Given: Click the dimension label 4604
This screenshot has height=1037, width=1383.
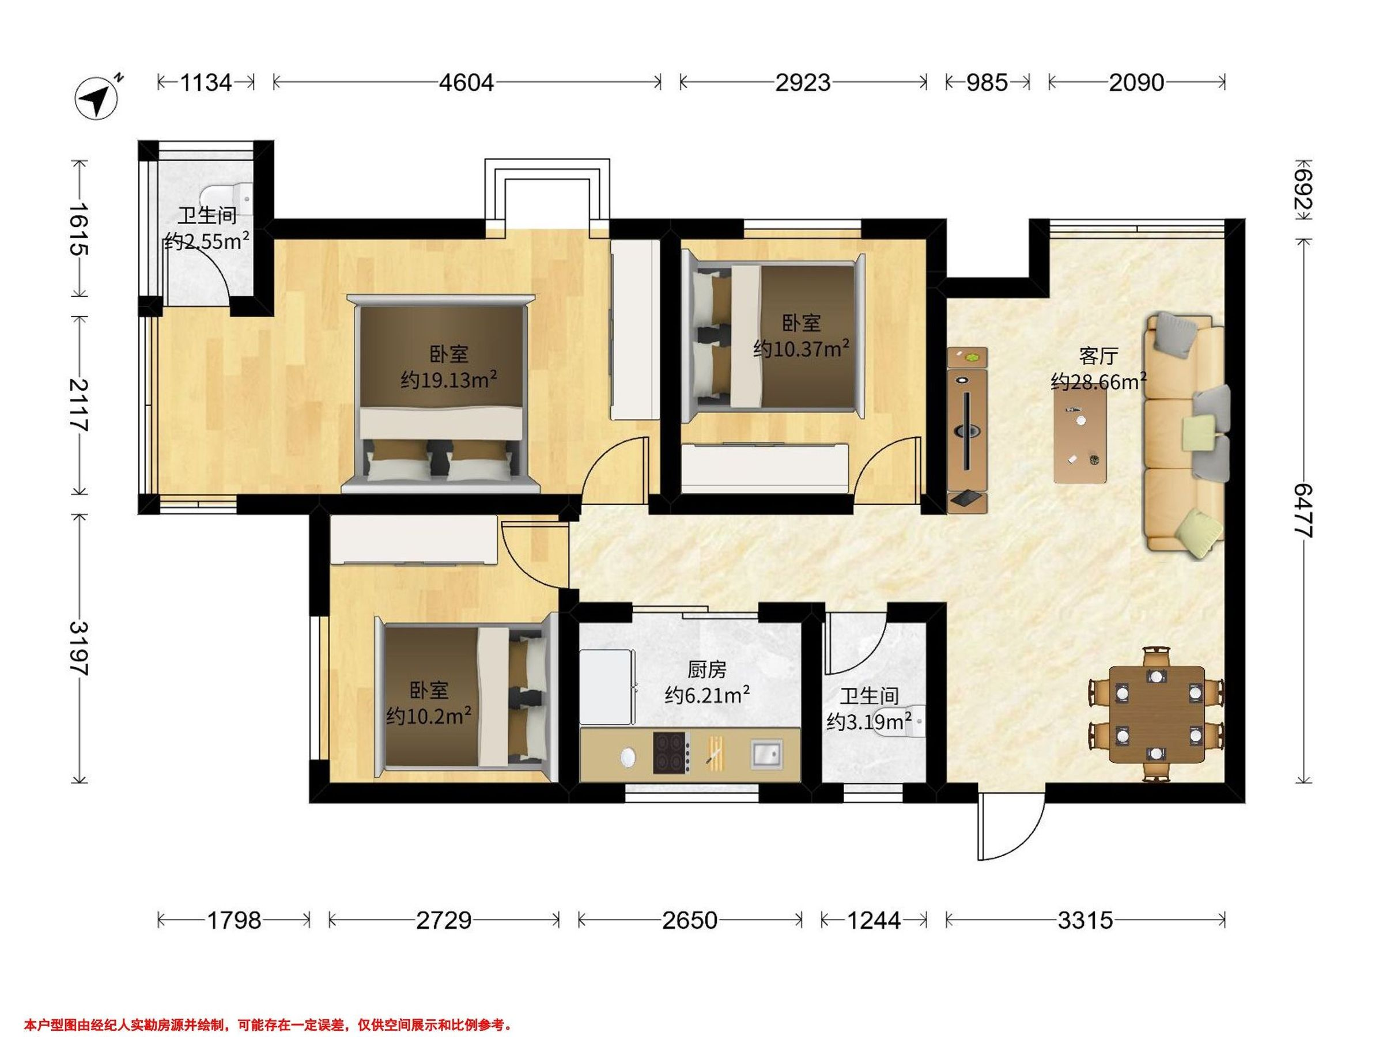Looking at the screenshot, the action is [466, 82].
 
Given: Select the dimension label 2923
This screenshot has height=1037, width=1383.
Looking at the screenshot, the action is [803, 82].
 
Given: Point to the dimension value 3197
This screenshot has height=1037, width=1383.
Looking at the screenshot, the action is [80, 648].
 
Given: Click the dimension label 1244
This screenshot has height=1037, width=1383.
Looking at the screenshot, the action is [874, 921].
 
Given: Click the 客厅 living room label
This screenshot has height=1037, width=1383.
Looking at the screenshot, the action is [1098, 356].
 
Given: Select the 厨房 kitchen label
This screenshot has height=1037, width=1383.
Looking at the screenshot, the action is [707, 671].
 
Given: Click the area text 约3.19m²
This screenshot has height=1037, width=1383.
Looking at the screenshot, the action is [869, 722].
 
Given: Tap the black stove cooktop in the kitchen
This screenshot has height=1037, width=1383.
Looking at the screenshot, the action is [671, 752].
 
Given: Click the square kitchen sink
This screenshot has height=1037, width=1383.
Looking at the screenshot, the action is [766, 754].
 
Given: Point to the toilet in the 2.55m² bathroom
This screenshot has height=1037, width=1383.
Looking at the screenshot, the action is [229, 199].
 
